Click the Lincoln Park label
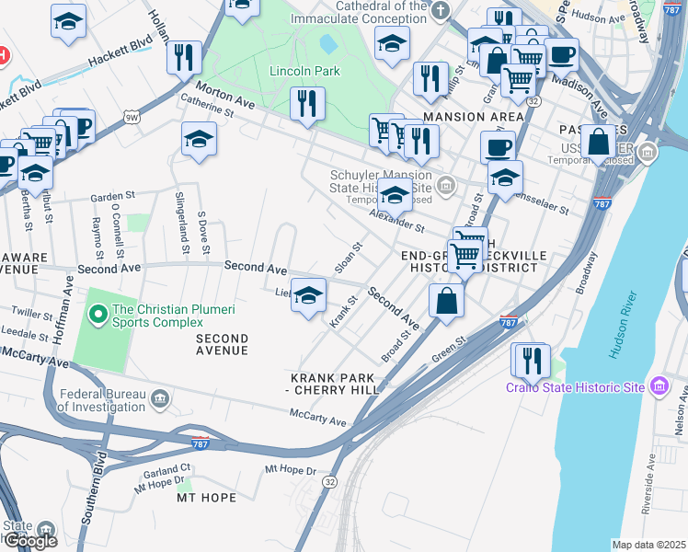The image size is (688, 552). tap(304, 71)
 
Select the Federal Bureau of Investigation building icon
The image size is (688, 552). tap(160, 398)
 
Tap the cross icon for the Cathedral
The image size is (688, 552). tap(441, 10)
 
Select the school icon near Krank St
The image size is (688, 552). tap(309, 294)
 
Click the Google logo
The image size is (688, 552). tap(29, 541)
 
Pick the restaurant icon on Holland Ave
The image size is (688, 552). tap(184, 57)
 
